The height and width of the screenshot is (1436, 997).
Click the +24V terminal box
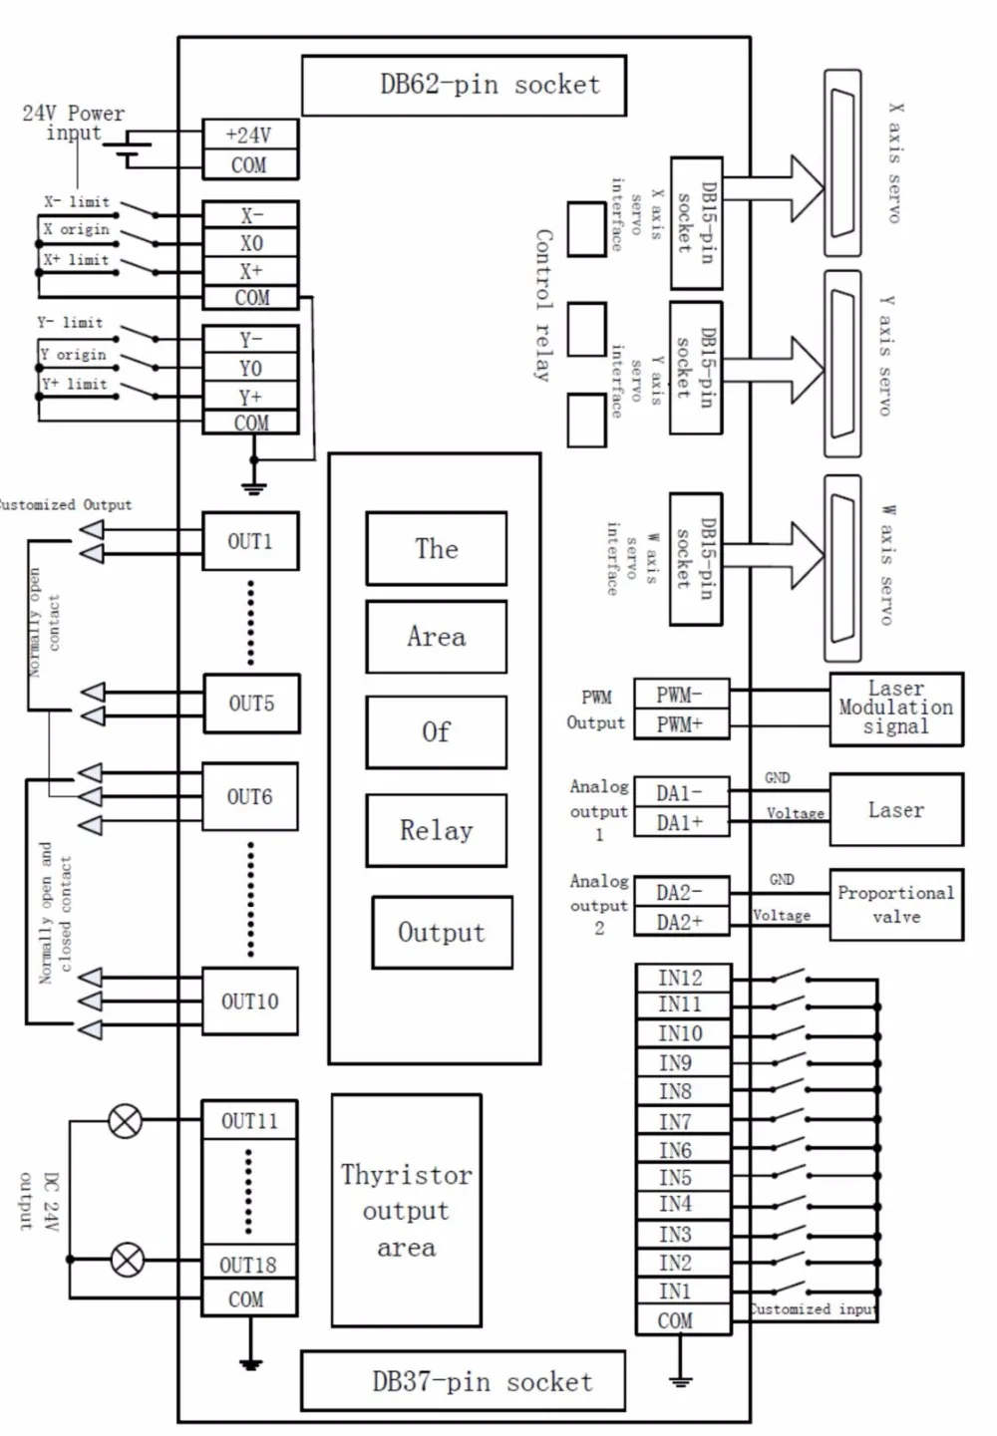point(250,135)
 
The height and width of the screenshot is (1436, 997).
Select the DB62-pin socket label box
point(464,86)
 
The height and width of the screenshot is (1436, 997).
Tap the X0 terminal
point(250,243)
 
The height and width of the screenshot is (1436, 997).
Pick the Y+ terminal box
point(250,397)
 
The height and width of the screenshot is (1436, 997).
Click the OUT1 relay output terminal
point(250,541)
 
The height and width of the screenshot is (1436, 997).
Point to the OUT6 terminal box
point(250,796)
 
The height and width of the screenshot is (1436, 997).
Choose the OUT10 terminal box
point(250,1001)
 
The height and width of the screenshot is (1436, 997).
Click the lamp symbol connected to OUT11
point(125,1121)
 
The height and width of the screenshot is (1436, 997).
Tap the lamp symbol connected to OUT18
point(127,1260)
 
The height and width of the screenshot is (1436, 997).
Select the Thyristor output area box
point(407,1211)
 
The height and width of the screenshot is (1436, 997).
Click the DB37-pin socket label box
point(464,1381)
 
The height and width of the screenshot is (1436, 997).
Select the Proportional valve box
point(896,905)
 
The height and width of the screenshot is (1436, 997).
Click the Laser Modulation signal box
point(896,709)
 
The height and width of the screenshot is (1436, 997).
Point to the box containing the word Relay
point(437,830)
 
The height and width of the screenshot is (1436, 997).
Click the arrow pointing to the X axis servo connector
point(774,188)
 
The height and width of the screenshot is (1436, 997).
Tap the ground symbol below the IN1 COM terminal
point(680,1380)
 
